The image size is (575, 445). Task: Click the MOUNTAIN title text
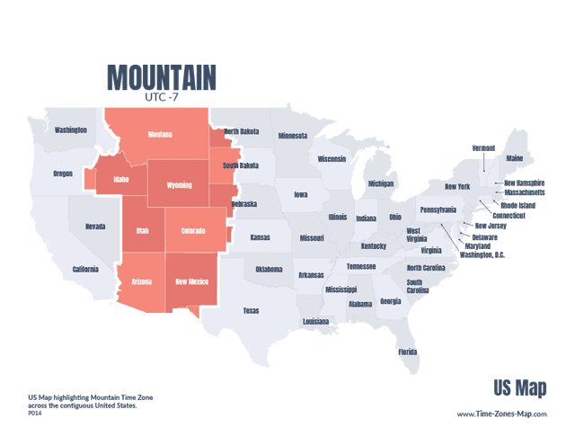(x=161, y=77)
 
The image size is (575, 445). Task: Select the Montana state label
(x=160, y=135)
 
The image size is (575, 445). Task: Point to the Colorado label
(x=193, y=231)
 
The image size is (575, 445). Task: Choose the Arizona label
(x=142, y=281)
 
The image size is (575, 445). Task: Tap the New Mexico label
(x=192, y=281)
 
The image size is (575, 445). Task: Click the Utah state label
(x=142, y=231)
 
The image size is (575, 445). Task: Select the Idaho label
(x=120, y=179)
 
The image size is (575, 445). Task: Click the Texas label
(x=251, y=311)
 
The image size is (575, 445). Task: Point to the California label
(x=85, y=269)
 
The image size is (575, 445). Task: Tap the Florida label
(x=408, y=352)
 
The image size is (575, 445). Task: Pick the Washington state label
(x=70, y=129)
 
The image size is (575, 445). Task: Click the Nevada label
(x=94, y=227)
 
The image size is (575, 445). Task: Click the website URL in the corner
(x=501, y=414)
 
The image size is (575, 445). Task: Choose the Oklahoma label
(x=269, y=269)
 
